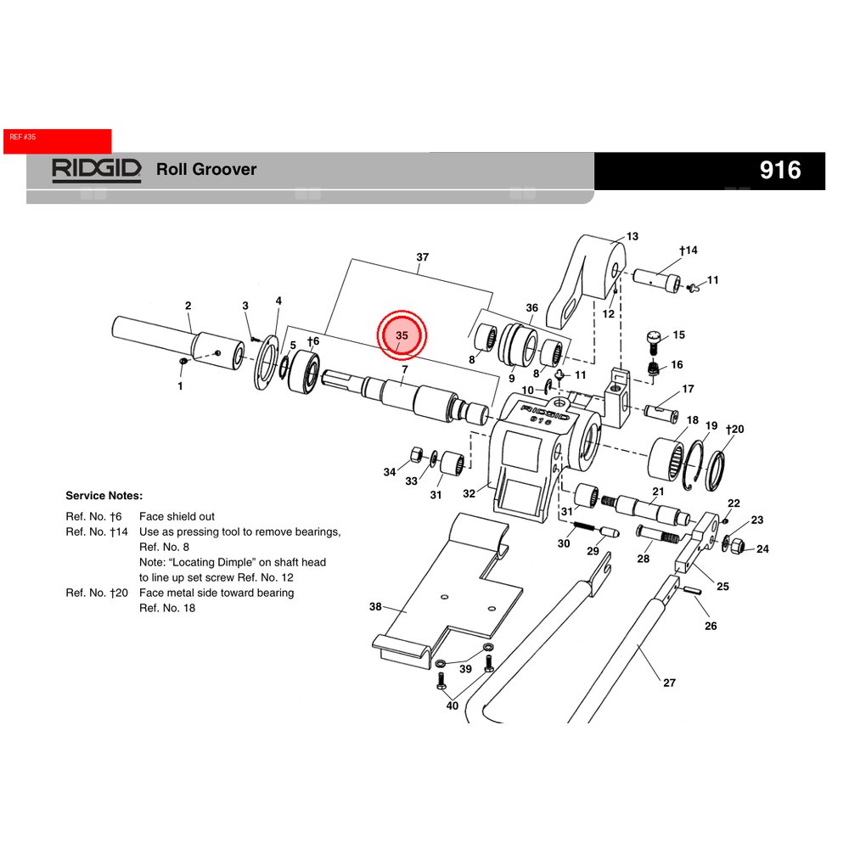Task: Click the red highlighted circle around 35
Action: [x=403, y=337]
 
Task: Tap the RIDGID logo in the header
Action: [x=96, y=169]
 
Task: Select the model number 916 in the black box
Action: [x=779, y=171]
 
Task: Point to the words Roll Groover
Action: [x=206, y=169]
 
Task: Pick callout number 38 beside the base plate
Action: [x=376, y=607]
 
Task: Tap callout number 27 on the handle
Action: [x=670, y=682]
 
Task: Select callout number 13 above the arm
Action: [x=632, y=237]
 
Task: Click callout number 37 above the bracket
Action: [x=422, y=257]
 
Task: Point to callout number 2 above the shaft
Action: [x=188, y=306]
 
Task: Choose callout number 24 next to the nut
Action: [x=762, y=549]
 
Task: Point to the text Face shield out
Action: [x=177, y=516]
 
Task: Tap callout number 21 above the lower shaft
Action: [x=658, y=492]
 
